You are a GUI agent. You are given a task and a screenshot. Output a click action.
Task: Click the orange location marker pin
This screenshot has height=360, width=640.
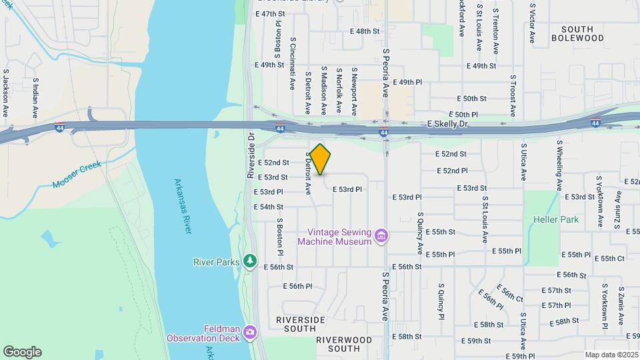pyautogui.click(x=320, y=159)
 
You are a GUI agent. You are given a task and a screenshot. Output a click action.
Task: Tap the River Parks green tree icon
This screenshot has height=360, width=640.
pyautogui.click(x=250, y=261)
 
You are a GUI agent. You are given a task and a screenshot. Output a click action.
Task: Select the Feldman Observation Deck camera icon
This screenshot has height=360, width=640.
pyautogui.click(x=250, y=331)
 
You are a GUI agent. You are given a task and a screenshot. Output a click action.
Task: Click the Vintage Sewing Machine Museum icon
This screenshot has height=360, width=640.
pyautogui.click(x=381, y=235)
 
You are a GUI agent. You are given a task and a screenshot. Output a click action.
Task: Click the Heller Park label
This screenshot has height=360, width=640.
pyautogui.click(x=556, y=219)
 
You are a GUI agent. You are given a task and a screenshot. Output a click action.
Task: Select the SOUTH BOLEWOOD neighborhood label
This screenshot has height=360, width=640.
pyautogui.click(x=577, y=34)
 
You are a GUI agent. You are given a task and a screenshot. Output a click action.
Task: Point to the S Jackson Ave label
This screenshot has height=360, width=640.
pyautogui.click(x=6, y=90)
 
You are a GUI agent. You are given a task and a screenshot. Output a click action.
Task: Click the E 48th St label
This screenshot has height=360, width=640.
pyautogui.click(x=365, y=31)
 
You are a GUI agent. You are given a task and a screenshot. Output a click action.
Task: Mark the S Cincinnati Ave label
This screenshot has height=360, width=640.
pyautogui.click(x=293, y=63)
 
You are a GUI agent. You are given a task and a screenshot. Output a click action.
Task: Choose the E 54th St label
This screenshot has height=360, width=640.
pyautogui.click(x=269, y=207)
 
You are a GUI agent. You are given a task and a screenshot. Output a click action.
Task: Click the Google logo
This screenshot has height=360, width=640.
pyautogui.click(x=22, y=352)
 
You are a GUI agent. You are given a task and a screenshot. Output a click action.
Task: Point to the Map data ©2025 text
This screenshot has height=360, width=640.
pyautogui.click(x=611, y=355)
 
